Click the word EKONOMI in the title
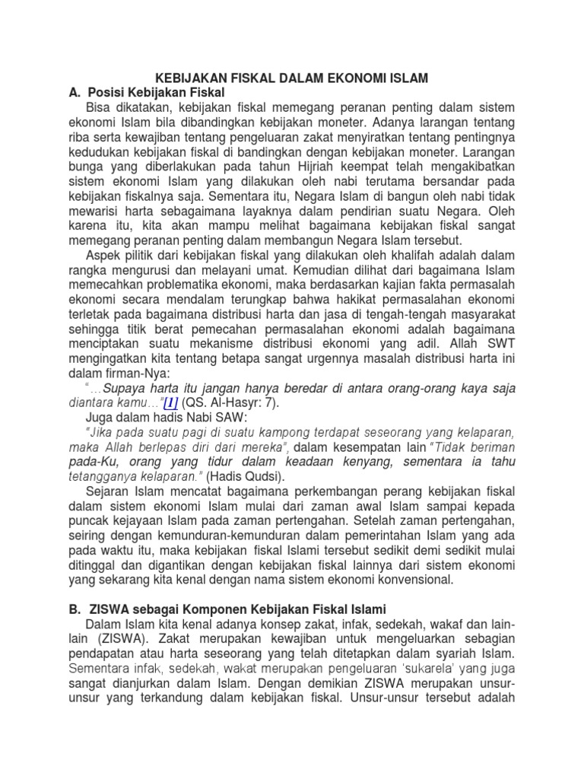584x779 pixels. pyautogui.click(x=360, y=78)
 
